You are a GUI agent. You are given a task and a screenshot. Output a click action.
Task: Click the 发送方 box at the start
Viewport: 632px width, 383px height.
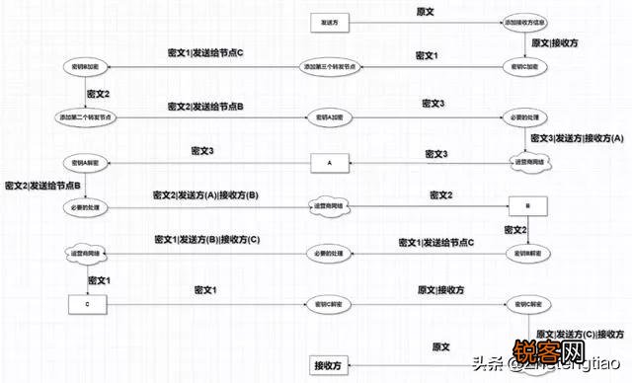coord(330,21)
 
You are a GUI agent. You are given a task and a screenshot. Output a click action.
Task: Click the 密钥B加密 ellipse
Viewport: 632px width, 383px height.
coord(86,67)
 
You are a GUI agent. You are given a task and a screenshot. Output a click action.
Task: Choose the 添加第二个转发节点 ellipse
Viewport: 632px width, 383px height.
coord(86,115)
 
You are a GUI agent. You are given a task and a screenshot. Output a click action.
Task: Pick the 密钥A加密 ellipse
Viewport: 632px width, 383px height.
coord(330,115)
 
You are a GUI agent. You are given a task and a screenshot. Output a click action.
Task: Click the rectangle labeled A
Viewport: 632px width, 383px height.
coord(330,161)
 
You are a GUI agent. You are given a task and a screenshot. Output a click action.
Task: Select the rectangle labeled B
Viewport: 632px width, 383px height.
coord(526,206)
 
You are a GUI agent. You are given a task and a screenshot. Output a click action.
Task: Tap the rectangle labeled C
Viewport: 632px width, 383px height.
coord(86,303)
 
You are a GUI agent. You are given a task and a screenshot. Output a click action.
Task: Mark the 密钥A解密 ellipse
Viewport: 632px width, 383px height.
coord(86,161)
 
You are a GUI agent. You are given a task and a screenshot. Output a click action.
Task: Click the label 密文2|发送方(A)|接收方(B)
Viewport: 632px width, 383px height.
coord(205,196)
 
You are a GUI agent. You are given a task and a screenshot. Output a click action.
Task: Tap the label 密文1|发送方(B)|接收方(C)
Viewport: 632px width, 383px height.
coord(206,240)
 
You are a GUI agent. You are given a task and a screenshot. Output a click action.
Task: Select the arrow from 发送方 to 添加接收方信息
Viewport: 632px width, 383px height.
coord(425,21)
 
